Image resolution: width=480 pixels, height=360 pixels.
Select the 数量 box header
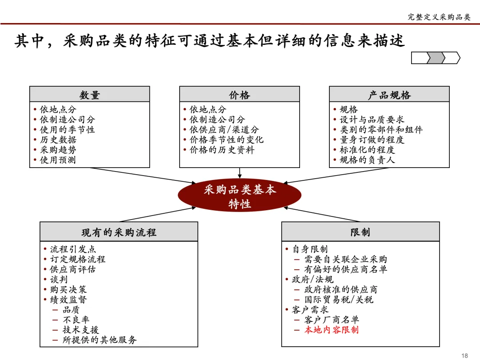pyautogui.click(x=89, y=95)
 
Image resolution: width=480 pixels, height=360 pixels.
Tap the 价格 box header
pyautogui.click(x=240, y=95)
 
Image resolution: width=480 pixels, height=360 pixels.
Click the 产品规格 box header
pyautogui.click(x=389, y=95)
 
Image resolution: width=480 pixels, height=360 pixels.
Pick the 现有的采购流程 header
pyautogui.click(x=119, y=232)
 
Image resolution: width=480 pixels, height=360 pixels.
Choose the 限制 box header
pyautogui.click(x=360, y=232)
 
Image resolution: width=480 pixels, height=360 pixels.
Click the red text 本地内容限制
pyautogui.click(x=331, y=330)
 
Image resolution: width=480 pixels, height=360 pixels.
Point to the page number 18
pyautogui.click(x=465, y=355)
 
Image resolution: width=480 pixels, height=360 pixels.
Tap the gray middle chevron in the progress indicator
pyautogui.click(x=436, y=58)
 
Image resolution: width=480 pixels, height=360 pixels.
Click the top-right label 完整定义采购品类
pyautogui.click(x=439, y=17)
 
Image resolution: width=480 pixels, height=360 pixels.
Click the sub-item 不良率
pyautogui.click(x=76, y=320)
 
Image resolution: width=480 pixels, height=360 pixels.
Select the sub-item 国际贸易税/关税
pyautogui.click(x=339, y=300)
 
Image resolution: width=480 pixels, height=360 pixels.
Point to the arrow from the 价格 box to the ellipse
pyautogui.click(x=240, y=173)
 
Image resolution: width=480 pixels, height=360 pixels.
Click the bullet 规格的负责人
pyautogui.click(x=367, y=160)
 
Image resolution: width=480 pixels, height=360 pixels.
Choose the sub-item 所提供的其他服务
pyautogui.click(x=100, y=340)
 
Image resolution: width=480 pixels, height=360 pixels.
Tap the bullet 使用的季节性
pyautogui.click(x=67, y=130)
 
